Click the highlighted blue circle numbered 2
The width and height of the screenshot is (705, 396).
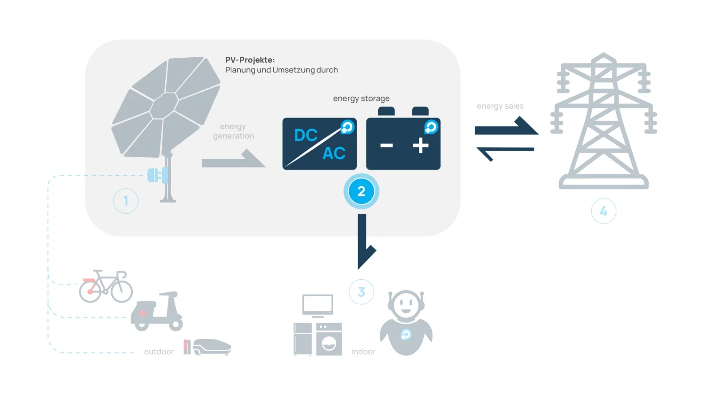pyautogui.click(x=361, y=192)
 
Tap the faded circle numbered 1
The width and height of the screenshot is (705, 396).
pyautogui.click(x=126, y=201)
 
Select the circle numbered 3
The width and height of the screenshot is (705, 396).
pyautogui.click(x=361, y=292)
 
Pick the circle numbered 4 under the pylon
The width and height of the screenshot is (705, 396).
pyautogui.click(x=603, y=211)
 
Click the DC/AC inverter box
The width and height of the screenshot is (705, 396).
pyautogui.click(x=319, y=144)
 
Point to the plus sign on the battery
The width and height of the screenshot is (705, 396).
pyautogui.click(x=421, y=145)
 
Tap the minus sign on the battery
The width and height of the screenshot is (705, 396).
pyautogui.click(x=386, y=145)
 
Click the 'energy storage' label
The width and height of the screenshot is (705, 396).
pyautogui.click(x=361, y=98)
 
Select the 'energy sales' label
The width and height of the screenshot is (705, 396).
pyautogui.click(x=500, y=106)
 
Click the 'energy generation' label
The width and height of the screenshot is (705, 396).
pyautogui.click(x=233, y=131)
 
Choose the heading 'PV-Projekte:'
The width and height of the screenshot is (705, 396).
pyautogui.click(x=250, y=60)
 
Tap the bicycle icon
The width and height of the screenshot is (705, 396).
pyautogui.click(x=106, y=287)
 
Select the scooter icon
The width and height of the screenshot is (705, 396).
pyautogui.click(x=157, y=311)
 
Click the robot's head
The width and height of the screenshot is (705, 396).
pyautogui.click(x=406, y=303)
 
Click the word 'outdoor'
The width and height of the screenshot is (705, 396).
pyautogui.click(x=159, y=352)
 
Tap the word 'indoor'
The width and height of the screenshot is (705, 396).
pyautogui.click(x=363, y=352)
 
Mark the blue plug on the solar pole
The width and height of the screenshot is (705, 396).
pyautogui.click(x=157, y=175)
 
